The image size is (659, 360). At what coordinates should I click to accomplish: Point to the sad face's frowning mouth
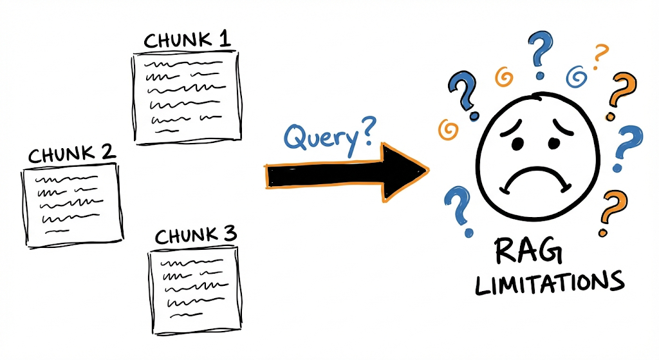[x=535, y=177]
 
